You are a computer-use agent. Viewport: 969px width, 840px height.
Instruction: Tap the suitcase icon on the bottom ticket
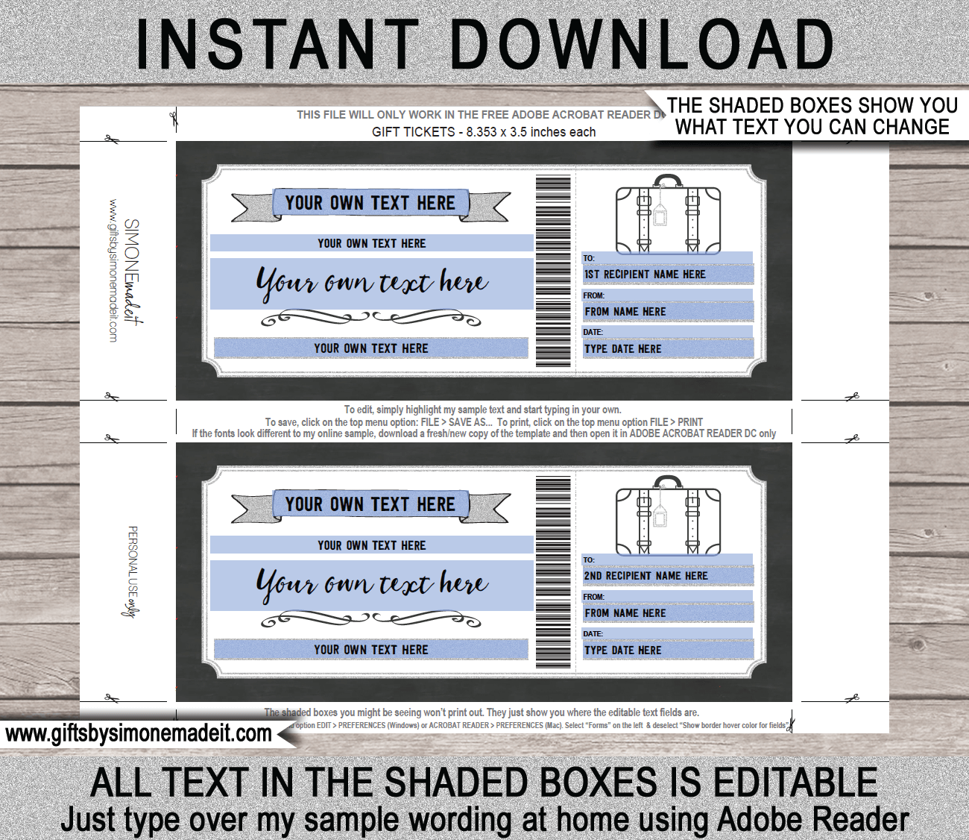tap(668, 516)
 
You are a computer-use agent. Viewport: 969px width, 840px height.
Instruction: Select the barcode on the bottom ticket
tap(553, 572)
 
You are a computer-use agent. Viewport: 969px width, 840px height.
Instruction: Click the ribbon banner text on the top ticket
tap(370, 203)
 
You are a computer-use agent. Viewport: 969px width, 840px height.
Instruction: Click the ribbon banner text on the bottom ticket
tap(370, 504)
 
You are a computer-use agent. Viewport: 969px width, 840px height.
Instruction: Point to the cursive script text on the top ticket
tap(372, 283)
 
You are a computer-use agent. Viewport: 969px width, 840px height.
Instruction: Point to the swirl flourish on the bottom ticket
tap(371, 619)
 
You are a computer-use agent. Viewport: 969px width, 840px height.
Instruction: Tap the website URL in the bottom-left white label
tap(139, 734)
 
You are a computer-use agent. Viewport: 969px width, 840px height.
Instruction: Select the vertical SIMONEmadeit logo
tap(133, 272)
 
